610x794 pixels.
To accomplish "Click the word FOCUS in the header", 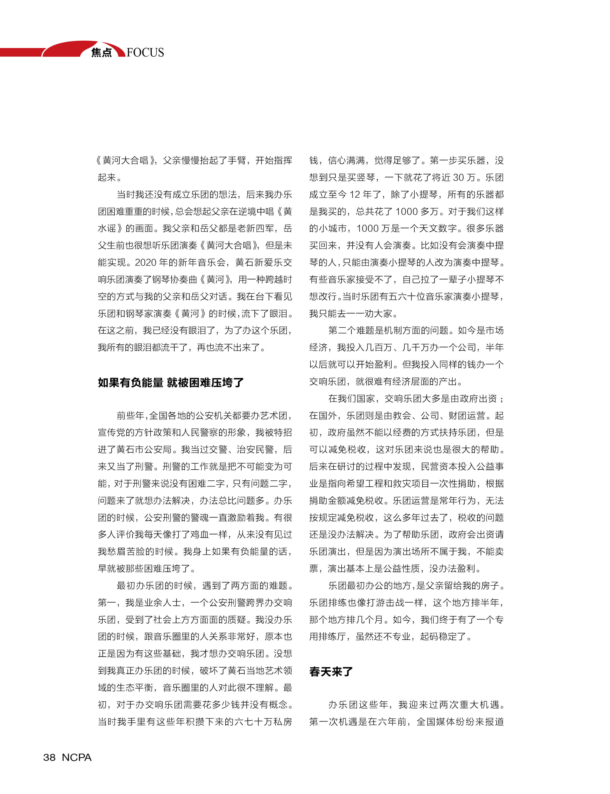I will (x=145, y=53).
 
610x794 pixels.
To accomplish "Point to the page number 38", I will (x=49, y=757).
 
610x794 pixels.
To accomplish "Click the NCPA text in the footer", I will (x=77, y=757).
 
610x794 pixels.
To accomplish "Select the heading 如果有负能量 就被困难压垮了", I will (x=171, y=382).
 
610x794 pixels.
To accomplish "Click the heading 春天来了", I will (x=331, y=672).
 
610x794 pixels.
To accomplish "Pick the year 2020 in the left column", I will (x=146, y=262).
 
